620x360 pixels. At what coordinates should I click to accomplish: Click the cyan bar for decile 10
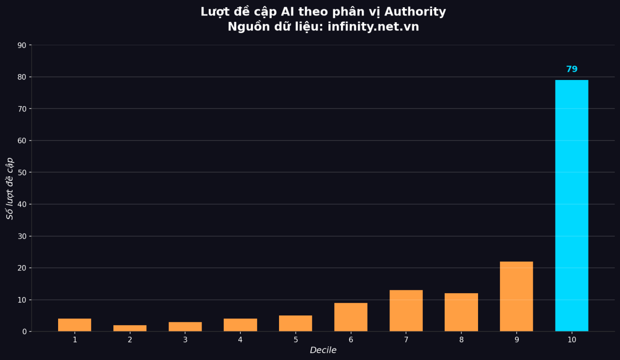pos(572,205)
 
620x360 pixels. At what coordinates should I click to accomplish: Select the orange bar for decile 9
pos(516,297)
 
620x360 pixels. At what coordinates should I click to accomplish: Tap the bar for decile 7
pos(406,311)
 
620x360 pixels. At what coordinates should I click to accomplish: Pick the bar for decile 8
pos(461,312)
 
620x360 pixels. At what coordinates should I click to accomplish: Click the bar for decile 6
pos(351,317)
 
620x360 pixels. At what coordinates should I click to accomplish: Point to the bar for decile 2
pos(130,328)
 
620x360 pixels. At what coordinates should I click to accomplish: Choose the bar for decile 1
pos(75,325)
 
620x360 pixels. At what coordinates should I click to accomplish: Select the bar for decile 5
pos(295,323)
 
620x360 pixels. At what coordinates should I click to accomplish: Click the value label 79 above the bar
pos(572,69)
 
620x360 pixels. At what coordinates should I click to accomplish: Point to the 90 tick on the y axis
pos(22,45)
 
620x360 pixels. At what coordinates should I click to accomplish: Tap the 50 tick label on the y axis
pos(22,172)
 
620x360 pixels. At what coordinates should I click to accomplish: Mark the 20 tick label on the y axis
pos(22,268)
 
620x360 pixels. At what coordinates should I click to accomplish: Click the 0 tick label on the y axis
pos(24,332)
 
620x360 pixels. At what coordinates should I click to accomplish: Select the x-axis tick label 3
pos(185,340)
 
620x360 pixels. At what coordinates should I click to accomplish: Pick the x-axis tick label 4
pos(240,340)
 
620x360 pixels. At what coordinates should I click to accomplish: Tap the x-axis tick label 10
pos(572,340)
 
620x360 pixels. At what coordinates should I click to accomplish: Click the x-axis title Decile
pos(323,350)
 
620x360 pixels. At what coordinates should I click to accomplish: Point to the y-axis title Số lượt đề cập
pos(10,188)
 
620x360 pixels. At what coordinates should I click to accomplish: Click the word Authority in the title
pos(415,12)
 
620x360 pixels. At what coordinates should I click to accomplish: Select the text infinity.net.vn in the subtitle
pos(373,27)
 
